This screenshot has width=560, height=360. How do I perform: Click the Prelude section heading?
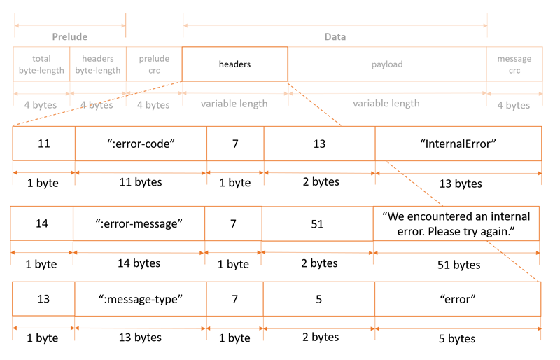click(x=70, y=36)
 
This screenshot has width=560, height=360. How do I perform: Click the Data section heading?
click(x=335, y=36)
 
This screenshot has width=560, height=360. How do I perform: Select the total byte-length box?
click(x=41, y=64)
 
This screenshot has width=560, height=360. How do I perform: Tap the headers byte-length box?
click(x=98, y=64)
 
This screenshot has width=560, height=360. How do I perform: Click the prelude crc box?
click(x=154, y=64)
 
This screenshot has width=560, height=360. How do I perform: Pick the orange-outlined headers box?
click(x=234, y=64)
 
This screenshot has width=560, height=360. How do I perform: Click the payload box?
click(x=386, y=64)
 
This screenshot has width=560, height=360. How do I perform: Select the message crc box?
click(x=514, y=64)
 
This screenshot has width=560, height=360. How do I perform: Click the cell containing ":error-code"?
click(x=141, y=144)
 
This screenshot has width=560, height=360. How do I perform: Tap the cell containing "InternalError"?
click(x=458, y=144)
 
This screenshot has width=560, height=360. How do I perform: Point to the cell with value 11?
click(x=43, y=144)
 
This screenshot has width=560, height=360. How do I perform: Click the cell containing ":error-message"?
click(x=139, y=223)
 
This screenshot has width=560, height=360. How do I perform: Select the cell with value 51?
click(x=317, y=223)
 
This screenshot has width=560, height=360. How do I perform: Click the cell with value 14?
click(x=41, y=223)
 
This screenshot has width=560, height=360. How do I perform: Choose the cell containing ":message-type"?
click(x=141, y=299)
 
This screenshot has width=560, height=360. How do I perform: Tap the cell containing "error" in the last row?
click(x=458, y=299)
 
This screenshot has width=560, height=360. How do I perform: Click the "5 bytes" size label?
click(x=458, y=339)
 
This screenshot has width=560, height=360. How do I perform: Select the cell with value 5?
click(x=319, y=299)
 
